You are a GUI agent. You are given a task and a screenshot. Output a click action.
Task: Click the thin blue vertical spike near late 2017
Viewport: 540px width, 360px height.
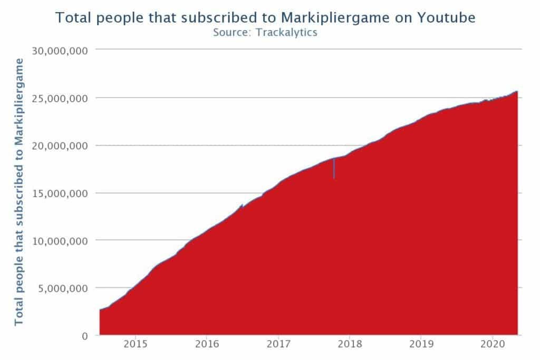coord(334,169)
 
